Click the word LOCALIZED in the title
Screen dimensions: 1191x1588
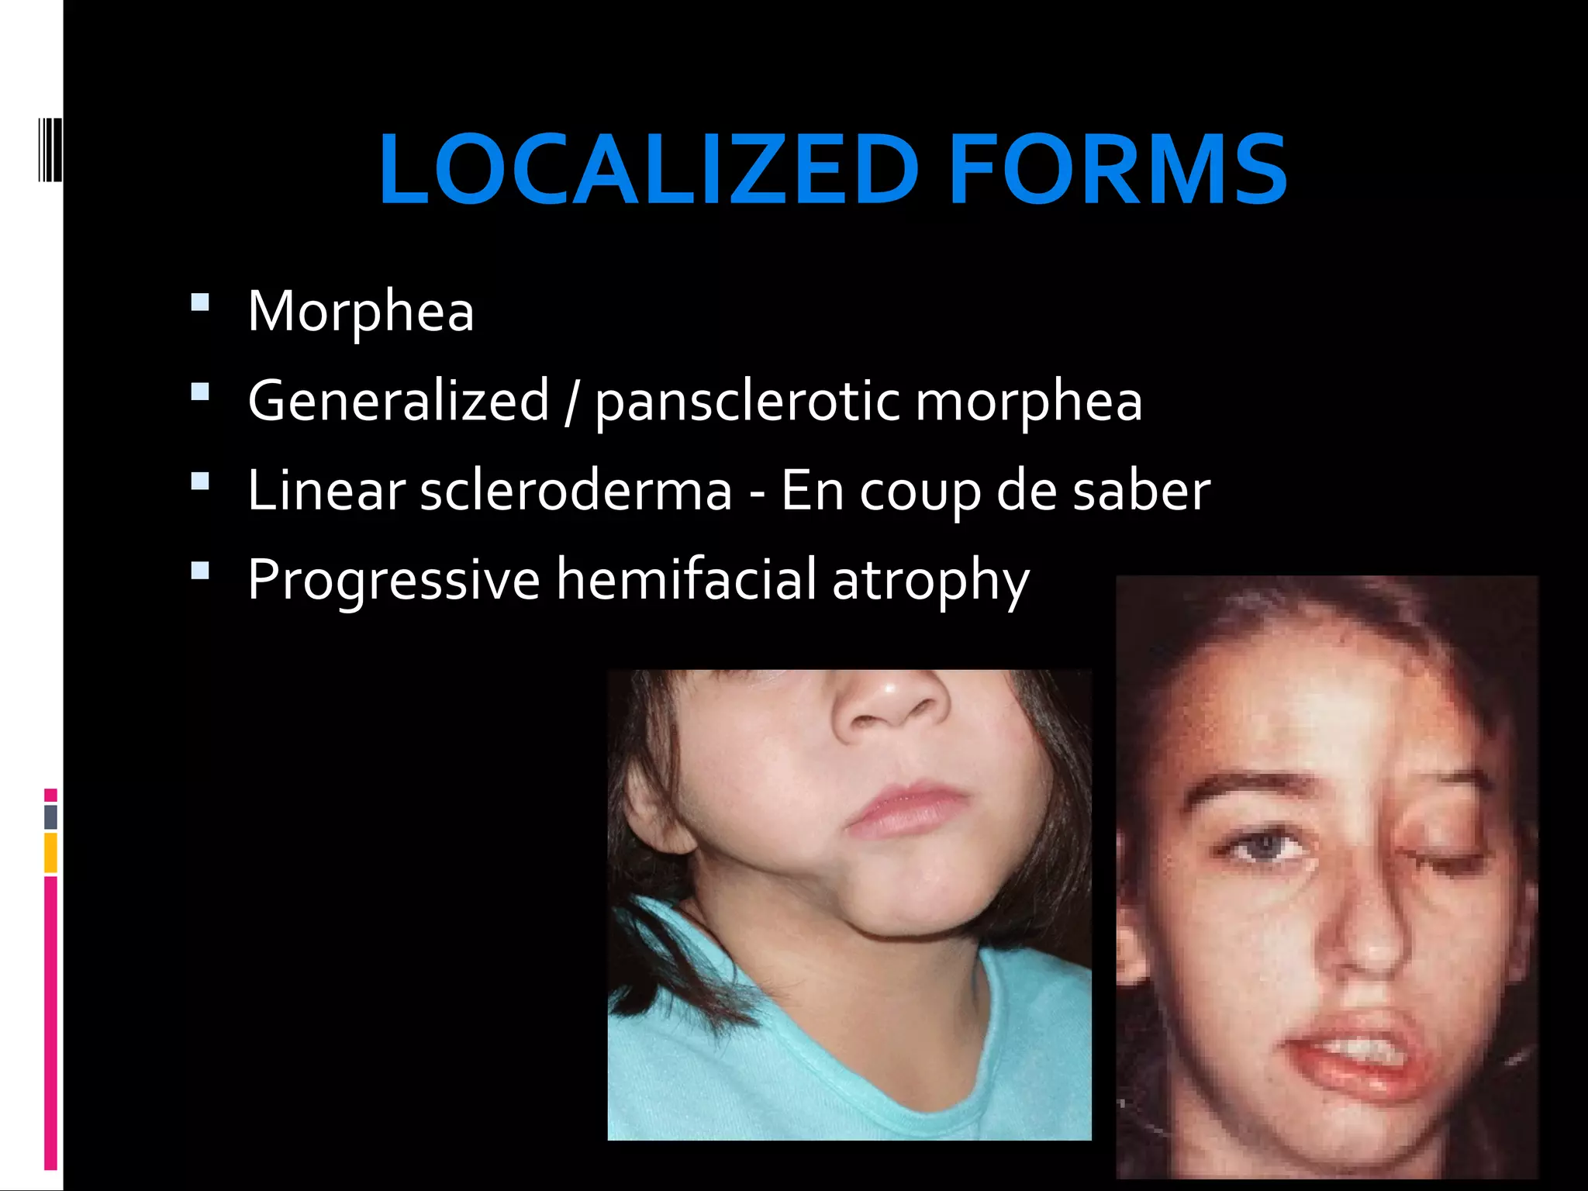[648, 170]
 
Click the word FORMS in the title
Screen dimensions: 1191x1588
[1117, 170]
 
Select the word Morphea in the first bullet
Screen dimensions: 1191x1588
[361, 312]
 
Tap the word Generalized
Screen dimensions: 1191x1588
[399, 401]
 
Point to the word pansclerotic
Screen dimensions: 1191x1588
[746, 402]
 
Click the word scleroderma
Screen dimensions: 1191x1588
[576, 491]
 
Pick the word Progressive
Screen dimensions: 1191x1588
[393, 580]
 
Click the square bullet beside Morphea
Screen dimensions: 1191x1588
[200, 302]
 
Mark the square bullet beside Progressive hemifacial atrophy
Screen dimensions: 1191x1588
[200, 571]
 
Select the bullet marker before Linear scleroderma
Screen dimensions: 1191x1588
[200, 482]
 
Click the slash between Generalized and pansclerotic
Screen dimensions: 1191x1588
[571, 402]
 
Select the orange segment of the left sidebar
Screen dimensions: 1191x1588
[50, 852]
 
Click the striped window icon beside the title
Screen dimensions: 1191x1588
[50, 150]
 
